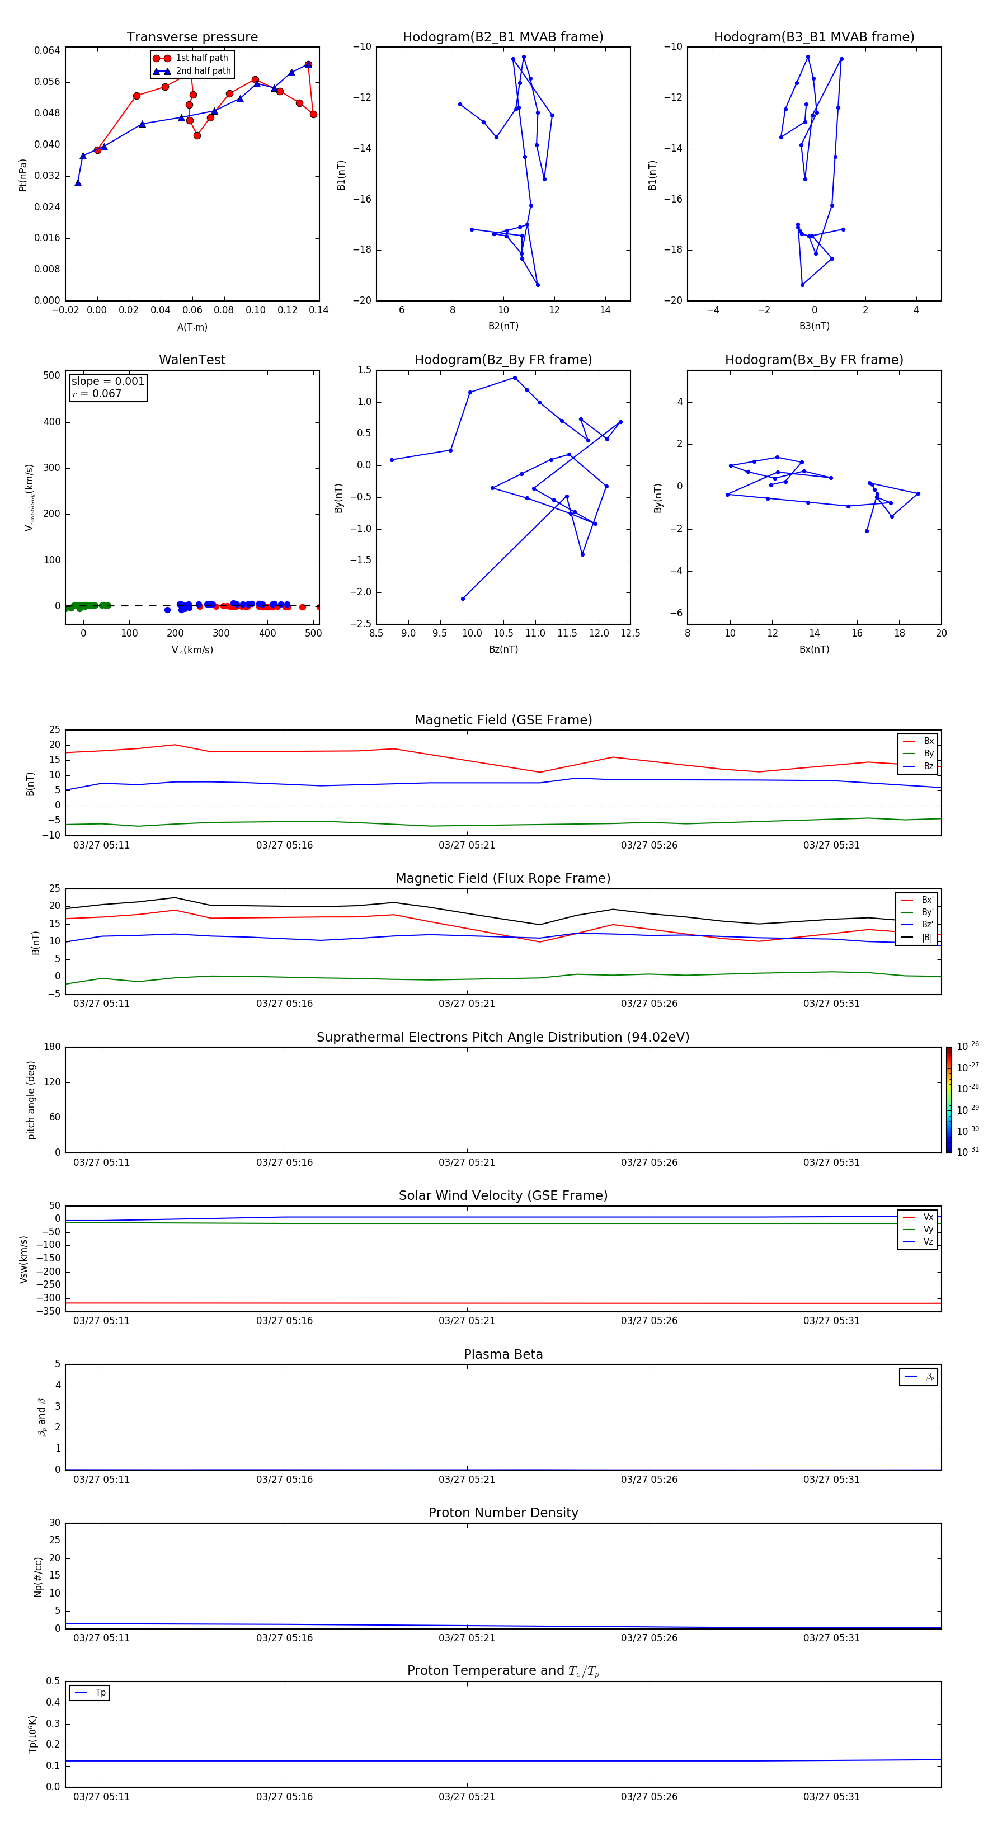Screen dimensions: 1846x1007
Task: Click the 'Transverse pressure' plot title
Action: coord(192,37)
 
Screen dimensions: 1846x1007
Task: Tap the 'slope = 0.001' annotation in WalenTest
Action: coord(107,382)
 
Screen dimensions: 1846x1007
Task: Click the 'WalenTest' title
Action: coord(192,360)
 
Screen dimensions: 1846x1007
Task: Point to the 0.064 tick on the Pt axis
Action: coord(48,50)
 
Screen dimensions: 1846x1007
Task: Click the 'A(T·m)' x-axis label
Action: coord(192,327)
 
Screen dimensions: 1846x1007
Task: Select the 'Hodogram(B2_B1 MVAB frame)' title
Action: coord(502,37)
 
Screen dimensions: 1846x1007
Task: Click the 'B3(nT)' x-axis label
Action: coord(814,326)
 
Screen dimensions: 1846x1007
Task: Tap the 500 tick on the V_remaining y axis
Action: coord(51,375)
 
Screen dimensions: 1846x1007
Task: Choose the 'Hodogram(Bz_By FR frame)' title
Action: coord(502,360)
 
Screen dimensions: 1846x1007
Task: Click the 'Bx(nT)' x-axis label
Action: coord(814,649)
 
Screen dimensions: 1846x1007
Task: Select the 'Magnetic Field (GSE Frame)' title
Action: coord(503,720)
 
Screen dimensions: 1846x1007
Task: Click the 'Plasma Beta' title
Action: coord(503,1354)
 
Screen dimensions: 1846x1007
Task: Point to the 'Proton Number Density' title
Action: coord(503,1513)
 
